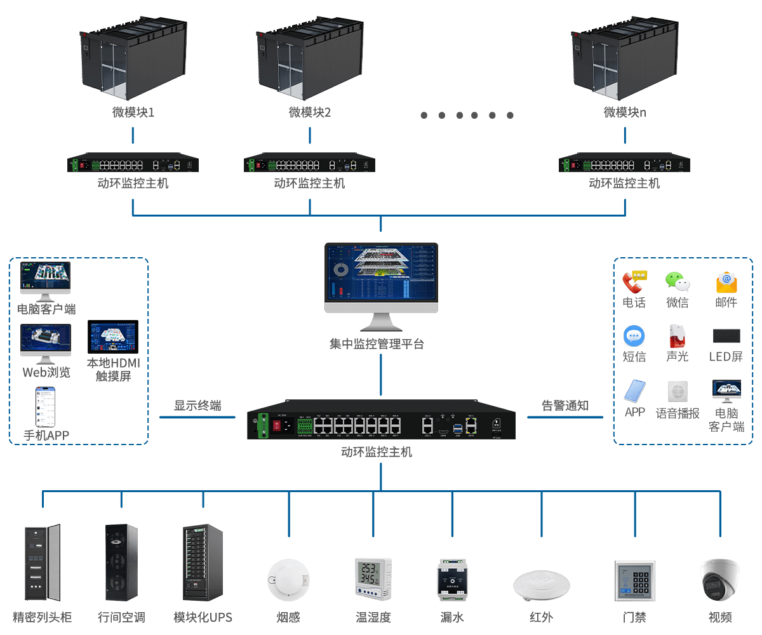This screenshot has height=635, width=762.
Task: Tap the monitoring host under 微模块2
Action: pos(310,165)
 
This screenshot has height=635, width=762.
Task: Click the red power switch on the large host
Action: pos(277,425)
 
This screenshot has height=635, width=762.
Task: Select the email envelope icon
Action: pos(726,281)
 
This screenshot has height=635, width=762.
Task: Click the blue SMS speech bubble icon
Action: pos(634,336)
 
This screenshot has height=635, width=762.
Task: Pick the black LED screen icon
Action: pos(726,336)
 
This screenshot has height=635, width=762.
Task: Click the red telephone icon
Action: pos(634,281)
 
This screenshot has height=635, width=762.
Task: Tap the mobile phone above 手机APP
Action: pos(45,407)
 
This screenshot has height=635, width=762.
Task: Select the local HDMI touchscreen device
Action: pos(112,337)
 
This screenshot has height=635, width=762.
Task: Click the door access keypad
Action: pos(634,580)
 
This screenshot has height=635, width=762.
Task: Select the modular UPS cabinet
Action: pos(203,563)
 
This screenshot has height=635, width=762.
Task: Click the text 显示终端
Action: pos(197,405)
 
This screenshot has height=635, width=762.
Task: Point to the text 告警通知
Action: pos(565,405)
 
